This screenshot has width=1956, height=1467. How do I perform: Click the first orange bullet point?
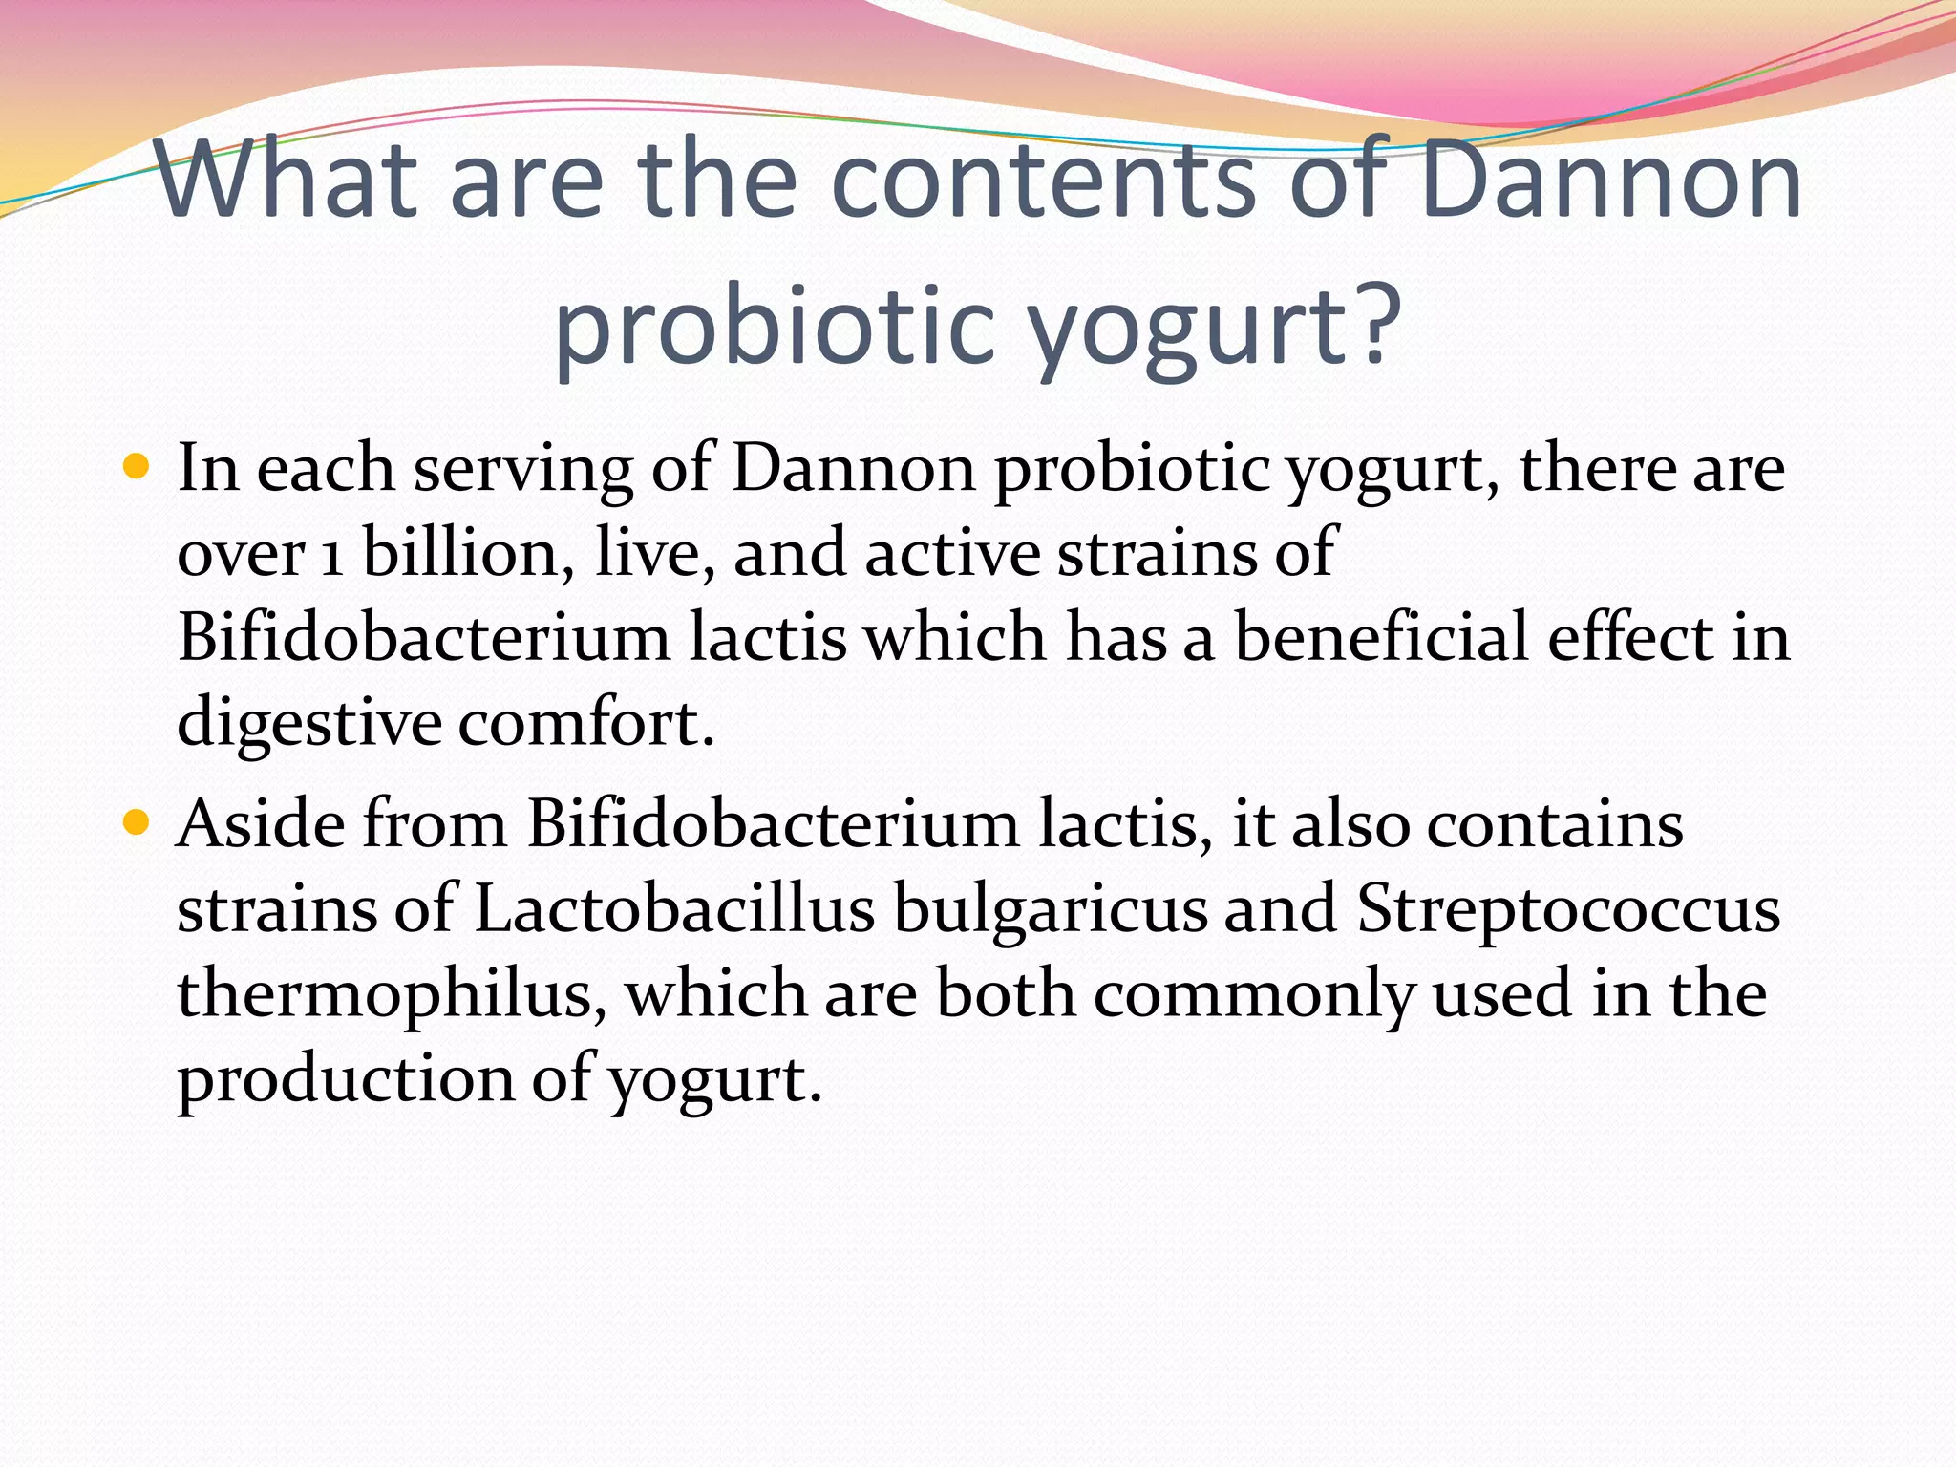click(138, 467)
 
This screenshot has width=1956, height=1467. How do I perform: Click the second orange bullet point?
click(138, 822)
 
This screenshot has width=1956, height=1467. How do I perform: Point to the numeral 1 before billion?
click(331, 555)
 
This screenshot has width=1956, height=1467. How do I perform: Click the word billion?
click(468, 552)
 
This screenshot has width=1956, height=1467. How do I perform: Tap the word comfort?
click(585, 723)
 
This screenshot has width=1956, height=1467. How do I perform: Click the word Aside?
click(261, 822)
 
